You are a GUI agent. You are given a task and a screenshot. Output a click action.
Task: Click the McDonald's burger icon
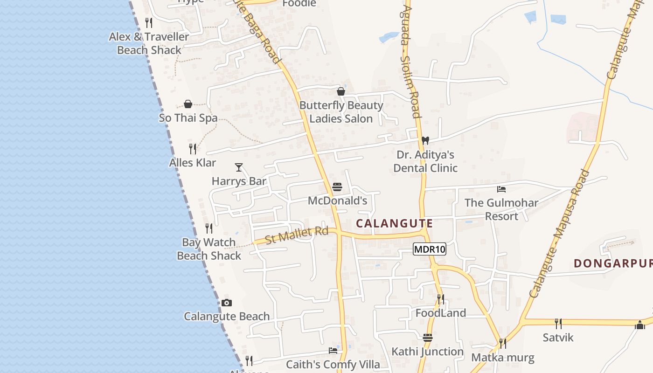point(337,187)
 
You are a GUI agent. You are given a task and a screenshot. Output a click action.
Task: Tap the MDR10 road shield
point(430,249)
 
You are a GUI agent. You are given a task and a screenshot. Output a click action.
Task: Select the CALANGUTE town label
point(394,223)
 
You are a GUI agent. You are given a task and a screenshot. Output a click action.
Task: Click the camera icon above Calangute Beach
point(227,303)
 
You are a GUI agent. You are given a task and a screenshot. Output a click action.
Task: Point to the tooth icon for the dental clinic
point(425,140)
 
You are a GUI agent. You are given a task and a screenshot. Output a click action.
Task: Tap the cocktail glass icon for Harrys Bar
point(239,167)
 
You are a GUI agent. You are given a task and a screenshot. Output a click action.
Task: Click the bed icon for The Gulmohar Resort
point(501,189)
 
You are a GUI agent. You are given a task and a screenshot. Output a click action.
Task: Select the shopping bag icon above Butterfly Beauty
point(341,91)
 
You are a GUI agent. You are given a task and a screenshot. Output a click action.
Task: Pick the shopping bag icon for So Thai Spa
point(188,104)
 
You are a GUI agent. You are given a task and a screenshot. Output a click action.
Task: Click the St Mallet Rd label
point(297,235)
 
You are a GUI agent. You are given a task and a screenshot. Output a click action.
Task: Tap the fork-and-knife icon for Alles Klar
point(192,149)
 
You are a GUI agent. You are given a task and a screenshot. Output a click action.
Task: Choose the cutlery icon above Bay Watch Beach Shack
point(209,228)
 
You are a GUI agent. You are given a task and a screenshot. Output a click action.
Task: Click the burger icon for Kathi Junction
point(428,337)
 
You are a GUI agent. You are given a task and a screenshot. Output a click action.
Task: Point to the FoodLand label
point(441,313)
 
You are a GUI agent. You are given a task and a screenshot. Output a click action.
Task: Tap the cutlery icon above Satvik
point(558,323)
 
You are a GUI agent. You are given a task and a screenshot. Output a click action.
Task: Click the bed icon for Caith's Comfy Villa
point(333,350)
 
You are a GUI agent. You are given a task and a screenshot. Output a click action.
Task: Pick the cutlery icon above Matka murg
point(502,344)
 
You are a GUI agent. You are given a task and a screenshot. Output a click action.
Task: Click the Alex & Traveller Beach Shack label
point(149,43)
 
